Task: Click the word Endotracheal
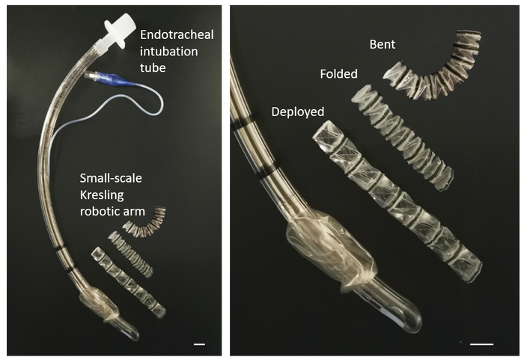pos(177,34)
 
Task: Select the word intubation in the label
pos(168,52)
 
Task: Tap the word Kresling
pos(102,195)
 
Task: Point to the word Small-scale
pos(111,178)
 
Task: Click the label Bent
pos(383,44)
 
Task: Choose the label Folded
pos(338,74)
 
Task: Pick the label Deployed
pos(298,112)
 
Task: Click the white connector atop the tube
pos(117,30)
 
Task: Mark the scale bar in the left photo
pos(199,344)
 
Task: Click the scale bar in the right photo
pos(481,344)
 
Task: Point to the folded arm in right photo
pos(403,137)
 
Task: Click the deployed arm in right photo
pos(397,201)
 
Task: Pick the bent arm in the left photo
pos(146,222)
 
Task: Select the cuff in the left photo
pos(100,304)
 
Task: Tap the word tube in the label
pos(153,68)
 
